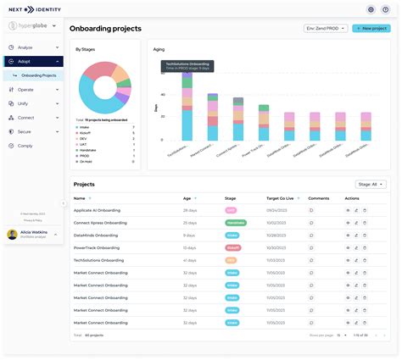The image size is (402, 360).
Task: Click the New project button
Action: tap(371, 28)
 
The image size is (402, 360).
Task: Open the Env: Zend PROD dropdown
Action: tap(326, 28)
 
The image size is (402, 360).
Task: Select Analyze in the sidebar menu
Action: tap(25, 47)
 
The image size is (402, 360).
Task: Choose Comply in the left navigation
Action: tap(25, 146)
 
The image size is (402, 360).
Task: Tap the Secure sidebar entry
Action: tap(25, 131)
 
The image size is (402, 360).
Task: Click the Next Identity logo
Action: tap(33, 9)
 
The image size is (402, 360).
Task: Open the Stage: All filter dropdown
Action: tap(372, 184)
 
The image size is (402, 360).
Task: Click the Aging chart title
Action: tap(159, 49)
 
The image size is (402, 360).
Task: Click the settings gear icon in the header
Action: tap(371, 9)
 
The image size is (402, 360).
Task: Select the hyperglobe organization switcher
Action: tap(32, 26)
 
